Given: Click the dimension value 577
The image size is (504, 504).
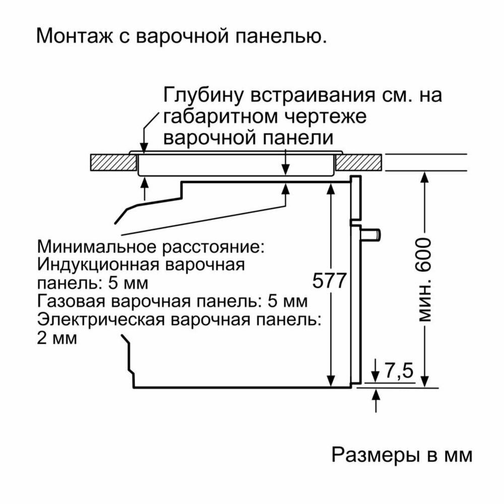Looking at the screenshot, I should coord(328,281).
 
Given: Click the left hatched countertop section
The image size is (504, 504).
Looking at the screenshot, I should coord(112,162).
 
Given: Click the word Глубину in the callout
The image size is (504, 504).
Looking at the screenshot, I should coord(197,95).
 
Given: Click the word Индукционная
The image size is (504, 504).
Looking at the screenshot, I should coord(99,264).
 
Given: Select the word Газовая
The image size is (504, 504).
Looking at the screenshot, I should coord(71,301).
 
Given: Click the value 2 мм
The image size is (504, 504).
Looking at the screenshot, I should coord(57,338).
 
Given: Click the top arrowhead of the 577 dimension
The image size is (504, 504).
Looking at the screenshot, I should coord(331,187).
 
